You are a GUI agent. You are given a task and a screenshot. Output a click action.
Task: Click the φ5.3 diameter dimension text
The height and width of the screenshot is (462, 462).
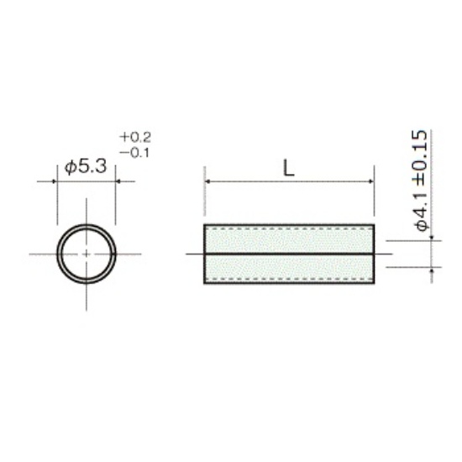coord(86,167)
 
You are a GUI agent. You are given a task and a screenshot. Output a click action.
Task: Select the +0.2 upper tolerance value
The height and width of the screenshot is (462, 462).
coord(135,137)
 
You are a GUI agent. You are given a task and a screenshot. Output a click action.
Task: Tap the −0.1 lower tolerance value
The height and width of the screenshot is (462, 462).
coord(134,153)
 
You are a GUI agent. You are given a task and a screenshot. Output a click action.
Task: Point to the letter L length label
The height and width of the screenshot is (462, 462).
coord(289,168)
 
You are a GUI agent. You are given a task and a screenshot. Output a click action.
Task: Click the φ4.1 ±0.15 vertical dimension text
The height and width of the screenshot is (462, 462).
coord(421,181)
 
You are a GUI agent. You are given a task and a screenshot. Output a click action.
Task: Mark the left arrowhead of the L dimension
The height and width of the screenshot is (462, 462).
coord(207,181)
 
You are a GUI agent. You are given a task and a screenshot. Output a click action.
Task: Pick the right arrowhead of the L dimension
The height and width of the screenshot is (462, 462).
coord(371,181)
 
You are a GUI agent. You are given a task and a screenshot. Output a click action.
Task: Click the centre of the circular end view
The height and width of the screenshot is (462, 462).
coord(87,254)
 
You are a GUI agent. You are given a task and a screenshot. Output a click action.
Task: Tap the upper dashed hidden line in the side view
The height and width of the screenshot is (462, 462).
coord(289,228)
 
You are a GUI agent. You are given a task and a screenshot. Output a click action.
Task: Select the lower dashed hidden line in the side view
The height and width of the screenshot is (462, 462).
coord(289,279)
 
